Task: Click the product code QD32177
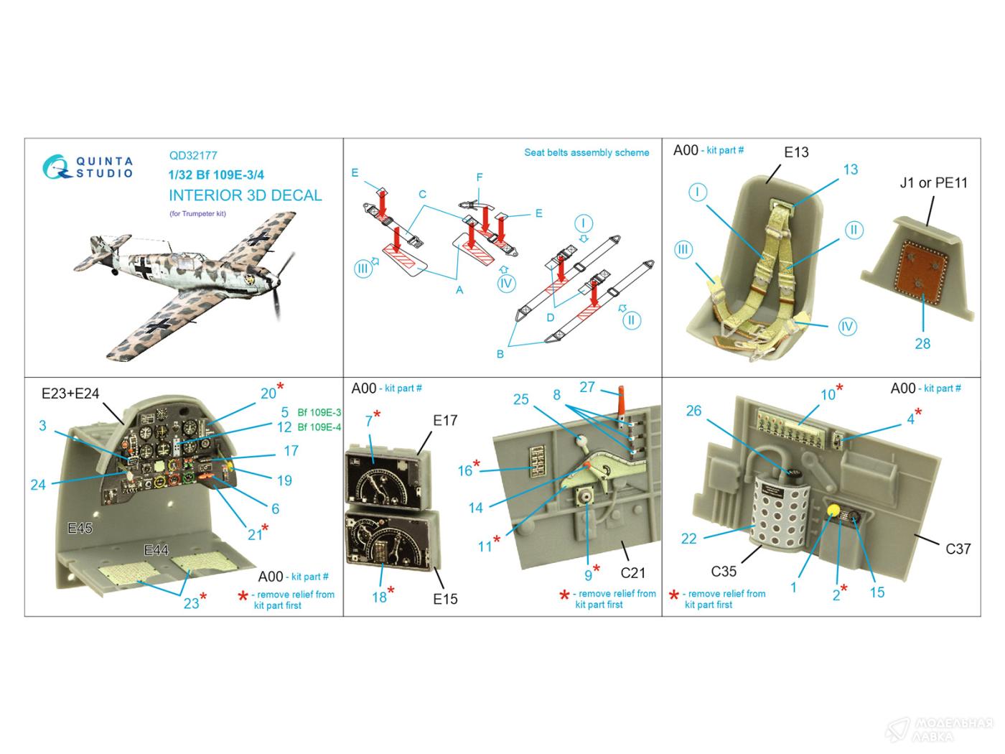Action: (x=193, y=155)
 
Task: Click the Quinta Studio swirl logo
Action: (x=56, y=167)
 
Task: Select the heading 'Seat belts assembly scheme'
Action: (x=586, y=152)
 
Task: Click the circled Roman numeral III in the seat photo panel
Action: (x=683, y=249)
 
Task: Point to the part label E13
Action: (x=796, y=152)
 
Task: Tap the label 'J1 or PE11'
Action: (x=934, y=182)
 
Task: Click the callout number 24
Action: (x=38, y=485)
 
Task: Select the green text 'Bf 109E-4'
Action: (x=319, y=427)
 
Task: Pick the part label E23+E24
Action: (x=70, y=394)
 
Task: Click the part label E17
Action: (x=445, y=420)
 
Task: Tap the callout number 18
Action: (x=379, y=597)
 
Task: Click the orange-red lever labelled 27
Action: (x=621, y=405)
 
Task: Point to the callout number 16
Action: (x=464, y=470)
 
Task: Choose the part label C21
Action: (x=632, y=573)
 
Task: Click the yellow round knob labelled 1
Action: (x=833, y=510)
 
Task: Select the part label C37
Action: (x=958, y=549)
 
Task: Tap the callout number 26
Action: (x=693, y=411)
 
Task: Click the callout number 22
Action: (x=688, y=539)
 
